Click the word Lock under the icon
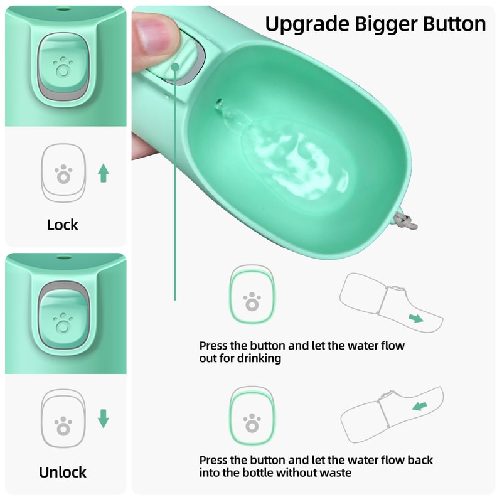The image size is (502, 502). [63, 225]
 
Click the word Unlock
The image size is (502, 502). [63, 472]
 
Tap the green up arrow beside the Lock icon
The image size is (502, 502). [103, 173]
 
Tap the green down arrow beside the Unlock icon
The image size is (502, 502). [104, 419]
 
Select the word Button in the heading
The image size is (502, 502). [451, 24]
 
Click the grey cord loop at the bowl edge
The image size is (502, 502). [406, 221]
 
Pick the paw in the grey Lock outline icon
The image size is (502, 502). [63, 174]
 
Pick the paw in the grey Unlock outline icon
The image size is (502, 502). [63, 427]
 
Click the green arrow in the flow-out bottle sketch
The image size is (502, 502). [416, 318]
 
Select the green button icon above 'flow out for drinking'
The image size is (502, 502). [252, 295]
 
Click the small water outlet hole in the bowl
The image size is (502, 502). [218, 102]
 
